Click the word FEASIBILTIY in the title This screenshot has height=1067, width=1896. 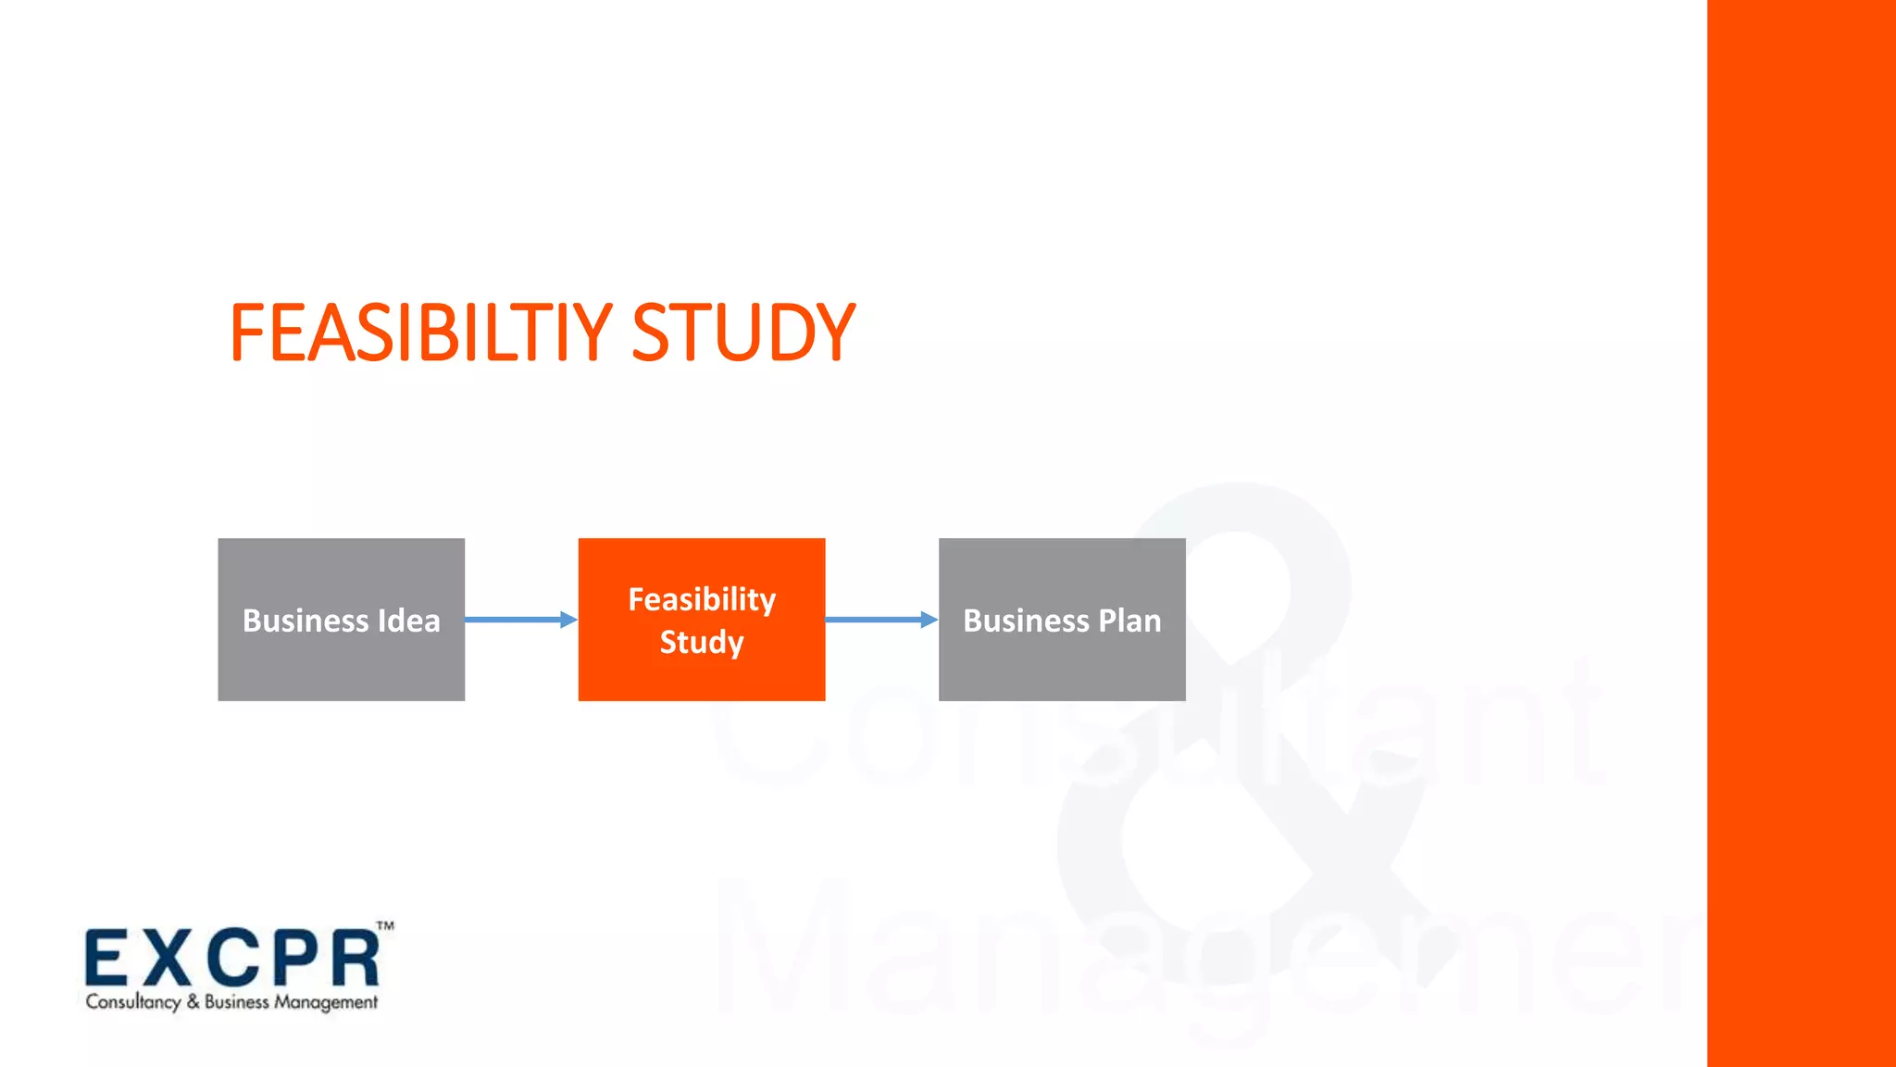[x=421, y=333]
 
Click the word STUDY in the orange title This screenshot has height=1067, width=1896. [x=743, y=333]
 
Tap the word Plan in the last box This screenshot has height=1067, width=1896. [x=1129, y=621]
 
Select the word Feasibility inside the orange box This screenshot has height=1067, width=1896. [x=702, y=599]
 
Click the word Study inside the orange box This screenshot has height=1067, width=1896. [x=702, y=642]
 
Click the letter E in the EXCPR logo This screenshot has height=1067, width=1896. [x=106, y=959]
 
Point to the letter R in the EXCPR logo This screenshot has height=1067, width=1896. [x=355, y=959]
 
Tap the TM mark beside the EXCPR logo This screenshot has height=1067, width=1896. [x=385, y=925]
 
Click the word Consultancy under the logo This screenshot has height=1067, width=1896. [x=133, y=1002]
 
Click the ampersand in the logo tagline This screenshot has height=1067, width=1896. [x=193, y=1001]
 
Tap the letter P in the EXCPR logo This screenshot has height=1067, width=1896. [x=294, y=959]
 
